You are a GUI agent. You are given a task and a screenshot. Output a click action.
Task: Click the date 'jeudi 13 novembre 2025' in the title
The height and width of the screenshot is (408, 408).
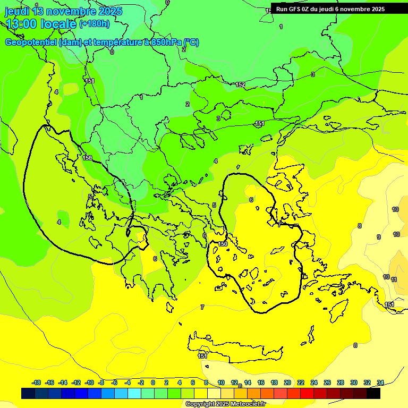64,11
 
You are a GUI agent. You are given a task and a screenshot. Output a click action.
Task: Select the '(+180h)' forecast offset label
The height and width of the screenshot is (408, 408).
95,24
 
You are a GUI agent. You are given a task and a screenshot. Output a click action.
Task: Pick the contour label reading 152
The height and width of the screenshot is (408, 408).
240,84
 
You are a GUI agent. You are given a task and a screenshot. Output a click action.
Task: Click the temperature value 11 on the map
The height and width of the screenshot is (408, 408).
394,279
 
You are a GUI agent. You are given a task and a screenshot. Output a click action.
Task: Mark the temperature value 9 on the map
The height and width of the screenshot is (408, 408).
379,237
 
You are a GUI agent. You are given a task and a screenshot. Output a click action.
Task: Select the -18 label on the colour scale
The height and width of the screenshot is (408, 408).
37,382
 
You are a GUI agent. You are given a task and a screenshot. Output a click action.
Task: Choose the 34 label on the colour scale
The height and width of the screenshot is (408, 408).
380,382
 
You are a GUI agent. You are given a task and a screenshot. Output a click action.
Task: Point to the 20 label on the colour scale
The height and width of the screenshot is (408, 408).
287,382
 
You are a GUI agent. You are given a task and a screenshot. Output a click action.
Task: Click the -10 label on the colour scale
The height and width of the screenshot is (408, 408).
90,382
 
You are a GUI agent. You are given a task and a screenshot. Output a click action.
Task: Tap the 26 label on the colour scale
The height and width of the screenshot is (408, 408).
327,382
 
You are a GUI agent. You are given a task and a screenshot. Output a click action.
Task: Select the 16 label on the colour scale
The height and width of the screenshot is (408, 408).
261,382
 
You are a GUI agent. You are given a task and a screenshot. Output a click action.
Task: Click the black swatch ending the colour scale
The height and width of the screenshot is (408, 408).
373,394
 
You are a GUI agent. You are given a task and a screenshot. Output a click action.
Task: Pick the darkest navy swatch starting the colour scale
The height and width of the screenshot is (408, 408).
28,394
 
